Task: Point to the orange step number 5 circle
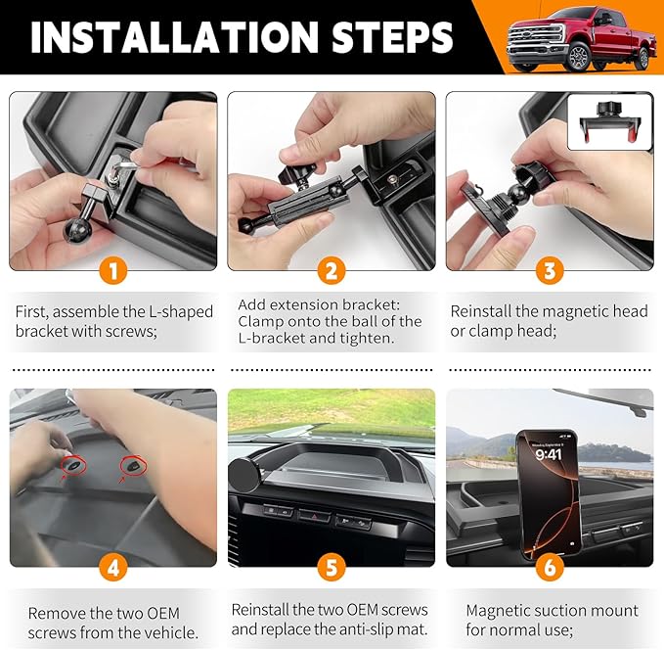click(x=332, y=565)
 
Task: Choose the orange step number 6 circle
click(x=550, y=565)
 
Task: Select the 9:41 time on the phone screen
click(x=550, y=453)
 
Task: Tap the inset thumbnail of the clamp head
click(x=608, y=122)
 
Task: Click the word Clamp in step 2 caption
click(x=261, y=321)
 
